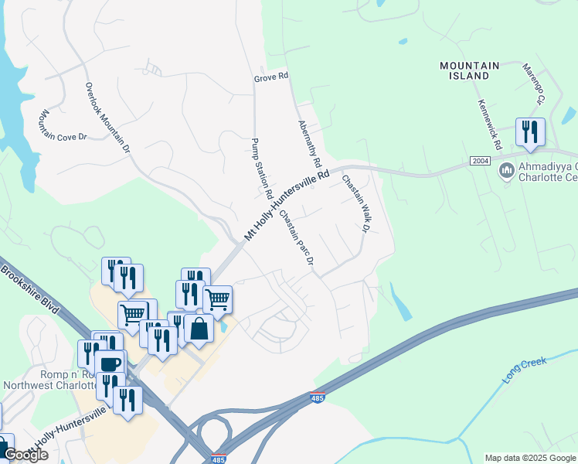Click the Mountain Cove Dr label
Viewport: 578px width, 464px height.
click(x=62, y=125)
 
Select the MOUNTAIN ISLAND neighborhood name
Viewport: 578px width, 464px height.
click(x=469, y=70)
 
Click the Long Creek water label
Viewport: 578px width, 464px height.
click(x=525, y=370)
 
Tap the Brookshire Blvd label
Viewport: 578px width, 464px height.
click(x=31, y=289)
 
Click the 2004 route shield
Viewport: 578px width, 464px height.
click(x=480, y=160)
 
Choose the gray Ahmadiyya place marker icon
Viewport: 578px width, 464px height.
click(x=507, y=169)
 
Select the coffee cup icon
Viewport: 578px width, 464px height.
click(x=110, y=363)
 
